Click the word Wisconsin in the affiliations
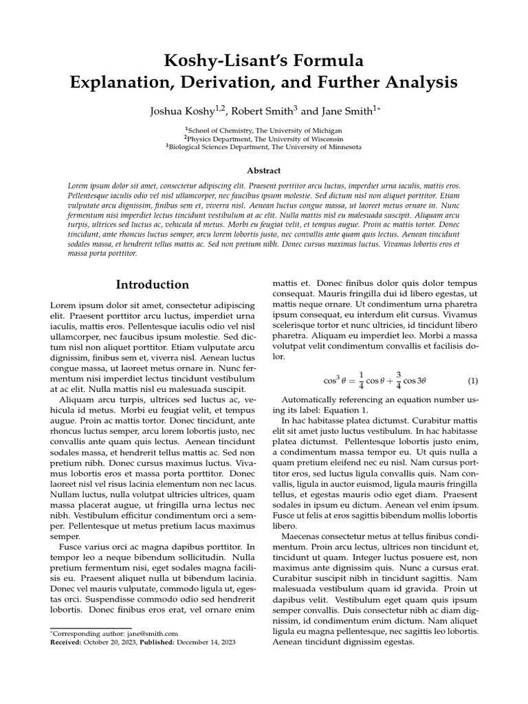(x=329, y=138)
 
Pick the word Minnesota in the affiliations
(x=338, y=146)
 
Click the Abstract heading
(x=264, y=170)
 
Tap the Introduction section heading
(x=152, y=285)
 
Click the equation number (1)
(x=472, y=380)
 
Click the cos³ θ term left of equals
(x=334, y=380)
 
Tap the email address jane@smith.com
(x=157, y=633)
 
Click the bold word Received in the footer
(x=66, y=641)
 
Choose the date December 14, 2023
(x=206, y=641)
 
